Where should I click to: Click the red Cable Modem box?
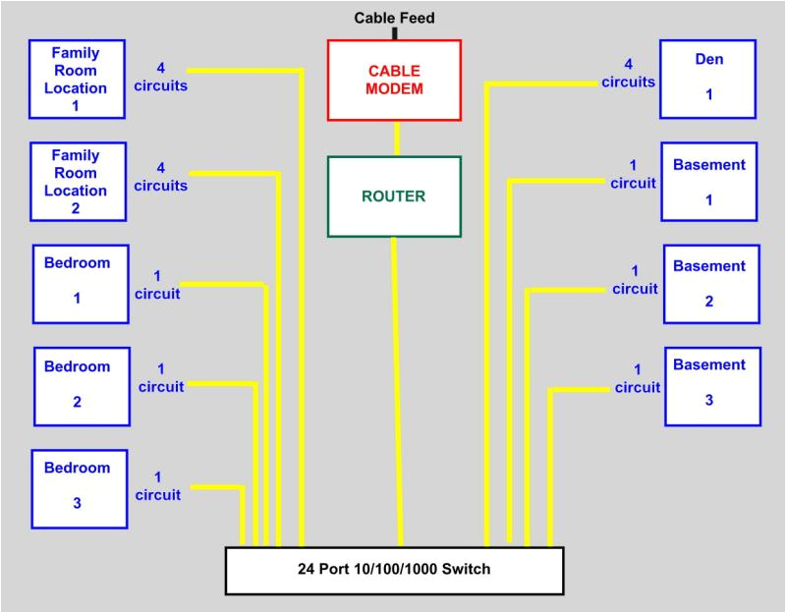point(395,80)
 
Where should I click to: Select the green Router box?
point(394,196)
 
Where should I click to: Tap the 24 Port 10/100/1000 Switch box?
point(394,570)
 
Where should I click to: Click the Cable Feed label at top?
point(394,18)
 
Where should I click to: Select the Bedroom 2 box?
point(82,386)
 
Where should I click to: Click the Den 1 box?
point(708,79)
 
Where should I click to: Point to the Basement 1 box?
point(709,182)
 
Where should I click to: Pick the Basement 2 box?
point(710,284)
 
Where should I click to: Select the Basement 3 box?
point(710,385)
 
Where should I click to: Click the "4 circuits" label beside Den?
point(629,74)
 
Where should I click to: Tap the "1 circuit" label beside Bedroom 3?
point(158,486)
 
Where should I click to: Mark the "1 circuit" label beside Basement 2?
point(635,280)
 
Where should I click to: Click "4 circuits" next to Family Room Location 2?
point(161,176)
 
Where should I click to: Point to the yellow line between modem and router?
point(397,139)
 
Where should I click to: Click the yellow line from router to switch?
point(396,393)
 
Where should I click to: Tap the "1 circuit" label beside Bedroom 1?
point(158,285)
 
